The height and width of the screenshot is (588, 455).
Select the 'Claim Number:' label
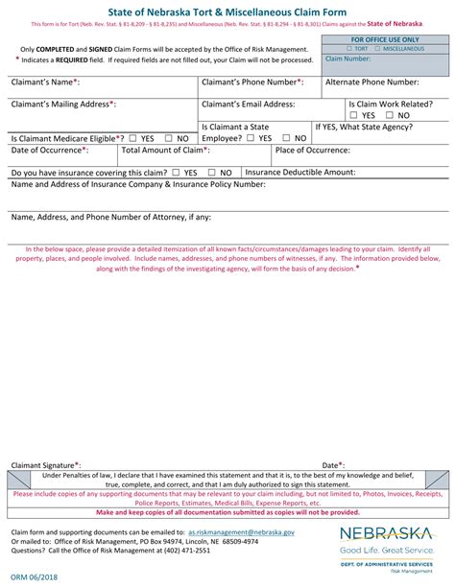348,58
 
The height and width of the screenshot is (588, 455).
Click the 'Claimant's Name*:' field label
45,83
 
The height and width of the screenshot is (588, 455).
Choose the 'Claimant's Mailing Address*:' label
62,104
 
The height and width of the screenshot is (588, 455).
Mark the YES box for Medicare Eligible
132,138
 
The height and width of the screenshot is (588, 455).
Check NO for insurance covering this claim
212,174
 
